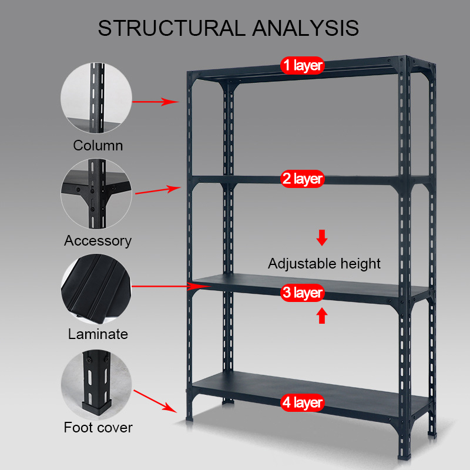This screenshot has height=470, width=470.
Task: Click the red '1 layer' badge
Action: pos(302,65)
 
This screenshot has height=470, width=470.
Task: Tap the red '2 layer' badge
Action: pos(302,179)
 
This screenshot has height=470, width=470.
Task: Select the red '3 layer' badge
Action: pos(302,293)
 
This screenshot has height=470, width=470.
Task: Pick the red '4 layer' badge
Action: pos(302,403)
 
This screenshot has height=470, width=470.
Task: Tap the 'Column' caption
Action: pos(98,145)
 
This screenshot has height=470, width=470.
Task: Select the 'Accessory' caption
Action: pos(98,240)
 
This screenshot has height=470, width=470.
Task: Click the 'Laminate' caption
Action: pos(98,334)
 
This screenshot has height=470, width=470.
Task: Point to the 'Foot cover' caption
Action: pos(98,427)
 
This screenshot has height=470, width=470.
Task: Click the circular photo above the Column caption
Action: pos(98,99)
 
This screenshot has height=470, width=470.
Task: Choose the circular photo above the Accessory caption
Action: pos(98,194)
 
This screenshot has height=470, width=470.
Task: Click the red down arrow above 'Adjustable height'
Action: pos(322,238)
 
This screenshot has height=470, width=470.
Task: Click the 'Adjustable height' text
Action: pos(324,264)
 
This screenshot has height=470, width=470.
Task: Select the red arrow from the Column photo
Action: pos(155,102)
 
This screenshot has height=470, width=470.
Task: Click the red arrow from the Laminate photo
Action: pos(170,286)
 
